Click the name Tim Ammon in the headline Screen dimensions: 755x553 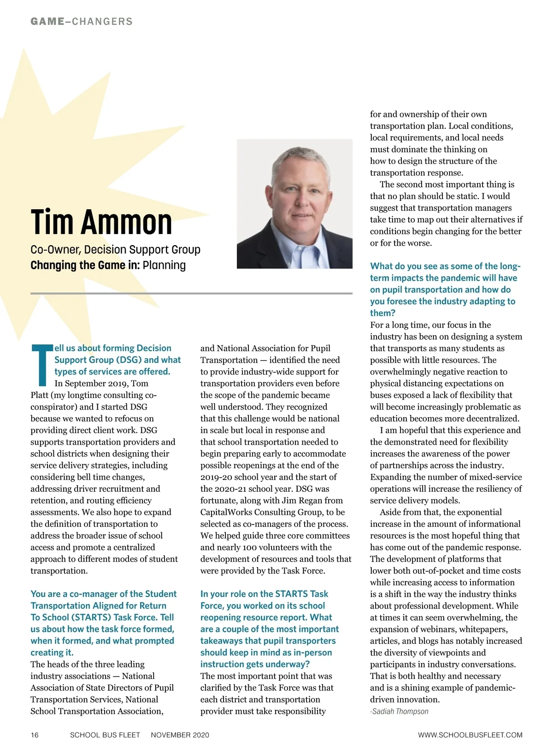pos(101,222)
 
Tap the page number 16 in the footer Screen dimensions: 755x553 pos(35,735)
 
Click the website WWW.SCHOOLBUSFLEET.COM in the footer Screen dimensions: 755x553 pos(470,735)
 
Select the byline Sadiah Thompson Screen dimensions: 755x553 pos(400,711)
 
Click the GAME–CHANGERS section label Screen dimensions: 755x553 pos(82,21)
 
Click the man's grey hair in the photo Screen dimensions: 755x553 pos(295,161)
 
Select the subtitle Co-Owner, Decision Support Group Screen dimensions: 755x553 pos(115,249)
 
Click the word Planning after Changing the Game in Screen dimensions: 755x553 pos(164,265)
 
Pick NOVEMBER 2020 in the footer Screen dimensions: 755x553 pos(180,735)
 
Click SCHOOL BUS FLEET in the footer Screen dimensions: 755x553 pos(105,735)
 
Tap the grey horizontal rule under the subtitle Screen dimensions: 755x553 pos(191,293)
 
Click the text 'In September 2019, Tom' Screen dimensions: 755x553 pos(101,383)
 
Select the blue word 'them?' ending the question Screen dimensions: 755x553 pos(383,313)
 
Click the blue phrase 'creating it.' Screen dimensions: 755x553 pos(52,652)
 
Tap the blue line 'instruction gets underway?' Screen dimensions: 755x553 pos(255,664)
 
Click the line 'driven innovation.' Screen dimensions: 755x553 pos(405,699)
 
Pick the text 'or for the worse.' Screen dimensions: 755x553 pos(401,243)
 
